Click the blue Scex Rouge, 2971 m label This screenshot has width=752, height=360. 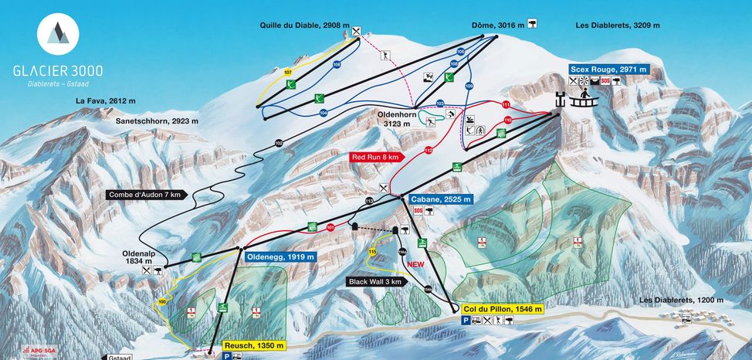(x=608, y=69)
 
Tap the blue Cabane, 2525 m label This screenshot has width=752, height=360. (x=440, y=199)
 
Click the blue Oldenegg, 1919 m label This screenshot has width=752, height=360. (x=280, y=256)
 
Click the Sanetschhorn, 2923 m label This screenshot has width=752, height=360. (x=157, y=121)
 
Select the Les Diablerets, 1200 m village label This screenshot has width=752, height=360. (x=682, y=300)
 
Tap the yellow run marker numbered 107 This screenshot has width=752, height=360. (x=288, y=72)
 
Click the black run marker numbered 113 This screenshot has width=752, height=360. (x=369, y=202)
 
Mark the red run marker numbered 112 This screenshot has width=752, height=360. (x=428, y=150)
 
